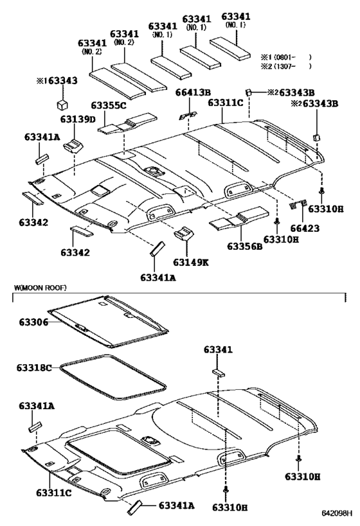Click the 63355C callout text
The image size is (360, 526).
point(109,105)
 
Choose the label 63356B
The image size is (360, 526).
point(244,246)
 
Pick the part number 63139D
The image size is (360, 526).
point(78,120)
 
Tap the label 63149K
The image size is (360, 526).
point(191,262)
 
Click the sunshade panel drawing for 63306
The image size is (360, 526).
point(109,319)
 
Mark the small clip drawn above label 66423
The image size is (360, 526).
point(297,205)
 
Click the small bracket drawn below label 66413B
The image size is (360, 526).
point(188,113)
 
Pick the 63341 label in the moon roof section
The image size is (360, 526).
point(220,350)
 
